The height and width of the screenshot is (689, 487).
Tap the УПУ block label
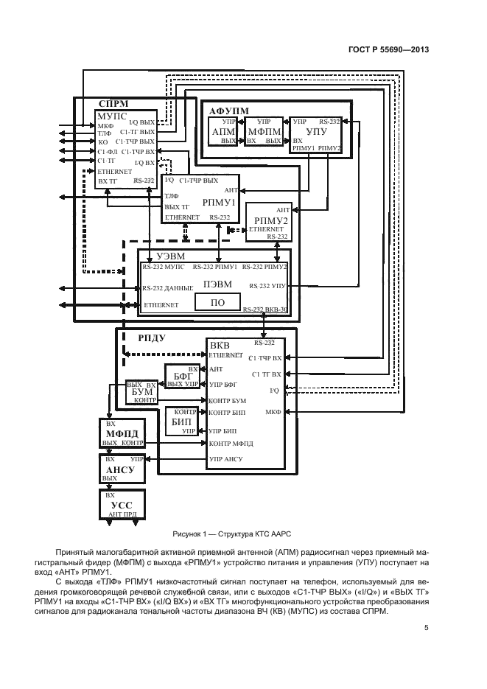315,131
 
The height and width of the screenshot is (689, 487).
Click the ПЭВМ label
217,284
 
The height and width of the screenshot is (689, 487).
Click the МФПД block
122,434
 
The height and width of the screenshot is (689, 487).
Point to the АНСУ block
122,469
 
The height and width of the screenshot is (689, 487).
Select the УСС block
122,505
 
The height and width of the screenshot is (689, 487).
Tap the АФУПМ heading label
228,110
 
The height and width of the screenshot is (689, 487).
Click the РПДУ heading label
152,337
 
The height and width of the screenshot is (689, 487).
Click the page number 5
426,627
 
